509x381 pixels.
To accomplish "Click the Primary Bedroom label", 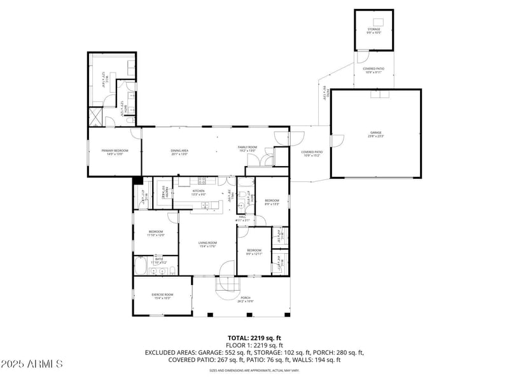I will point(115,151).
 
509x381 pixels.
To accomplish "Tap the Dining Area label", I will point(179,151).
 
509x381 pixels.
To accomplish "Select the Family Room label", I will point(248,149).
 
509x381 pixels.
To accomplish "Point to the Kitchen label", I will point(199,192).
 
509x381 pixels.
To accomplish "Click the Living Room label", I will point(207,244).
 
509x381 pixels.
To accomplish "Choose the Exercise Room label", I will point(162,296).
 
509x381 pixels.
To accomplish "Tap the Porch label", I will point(246,299).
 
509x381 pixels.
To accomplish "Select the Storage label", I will point(373,30).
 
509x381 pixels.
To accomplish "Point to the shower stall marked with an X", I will point(95,116).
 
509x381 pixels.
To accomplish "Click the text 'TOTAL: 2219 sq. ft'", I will point(254,338).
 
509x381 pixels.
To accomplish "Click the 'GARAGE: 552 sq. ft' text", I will point(241,352).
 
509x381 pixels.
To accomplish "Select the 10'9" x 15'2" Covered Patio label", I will point(312,153).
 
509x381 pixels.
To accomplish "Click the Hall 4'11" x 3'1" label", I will point(242,219).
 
